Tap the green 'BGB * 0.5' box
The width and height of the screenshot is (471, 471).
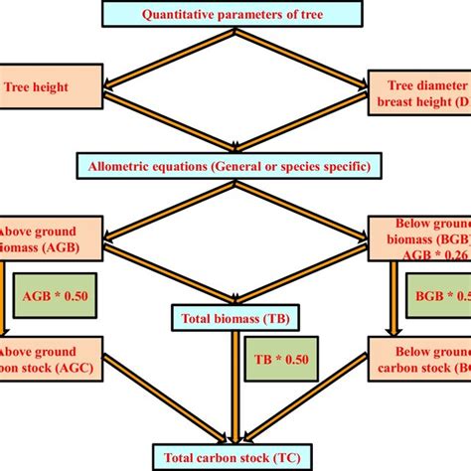pyautogui.click(x=438, y=295)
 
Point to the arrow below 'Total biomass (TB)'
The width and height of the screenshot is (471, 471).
pyautogui.click(x=235, y=388)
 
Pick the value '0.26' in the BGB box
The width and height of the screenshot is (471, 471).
pyautogui.click(x=452, y=252)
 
